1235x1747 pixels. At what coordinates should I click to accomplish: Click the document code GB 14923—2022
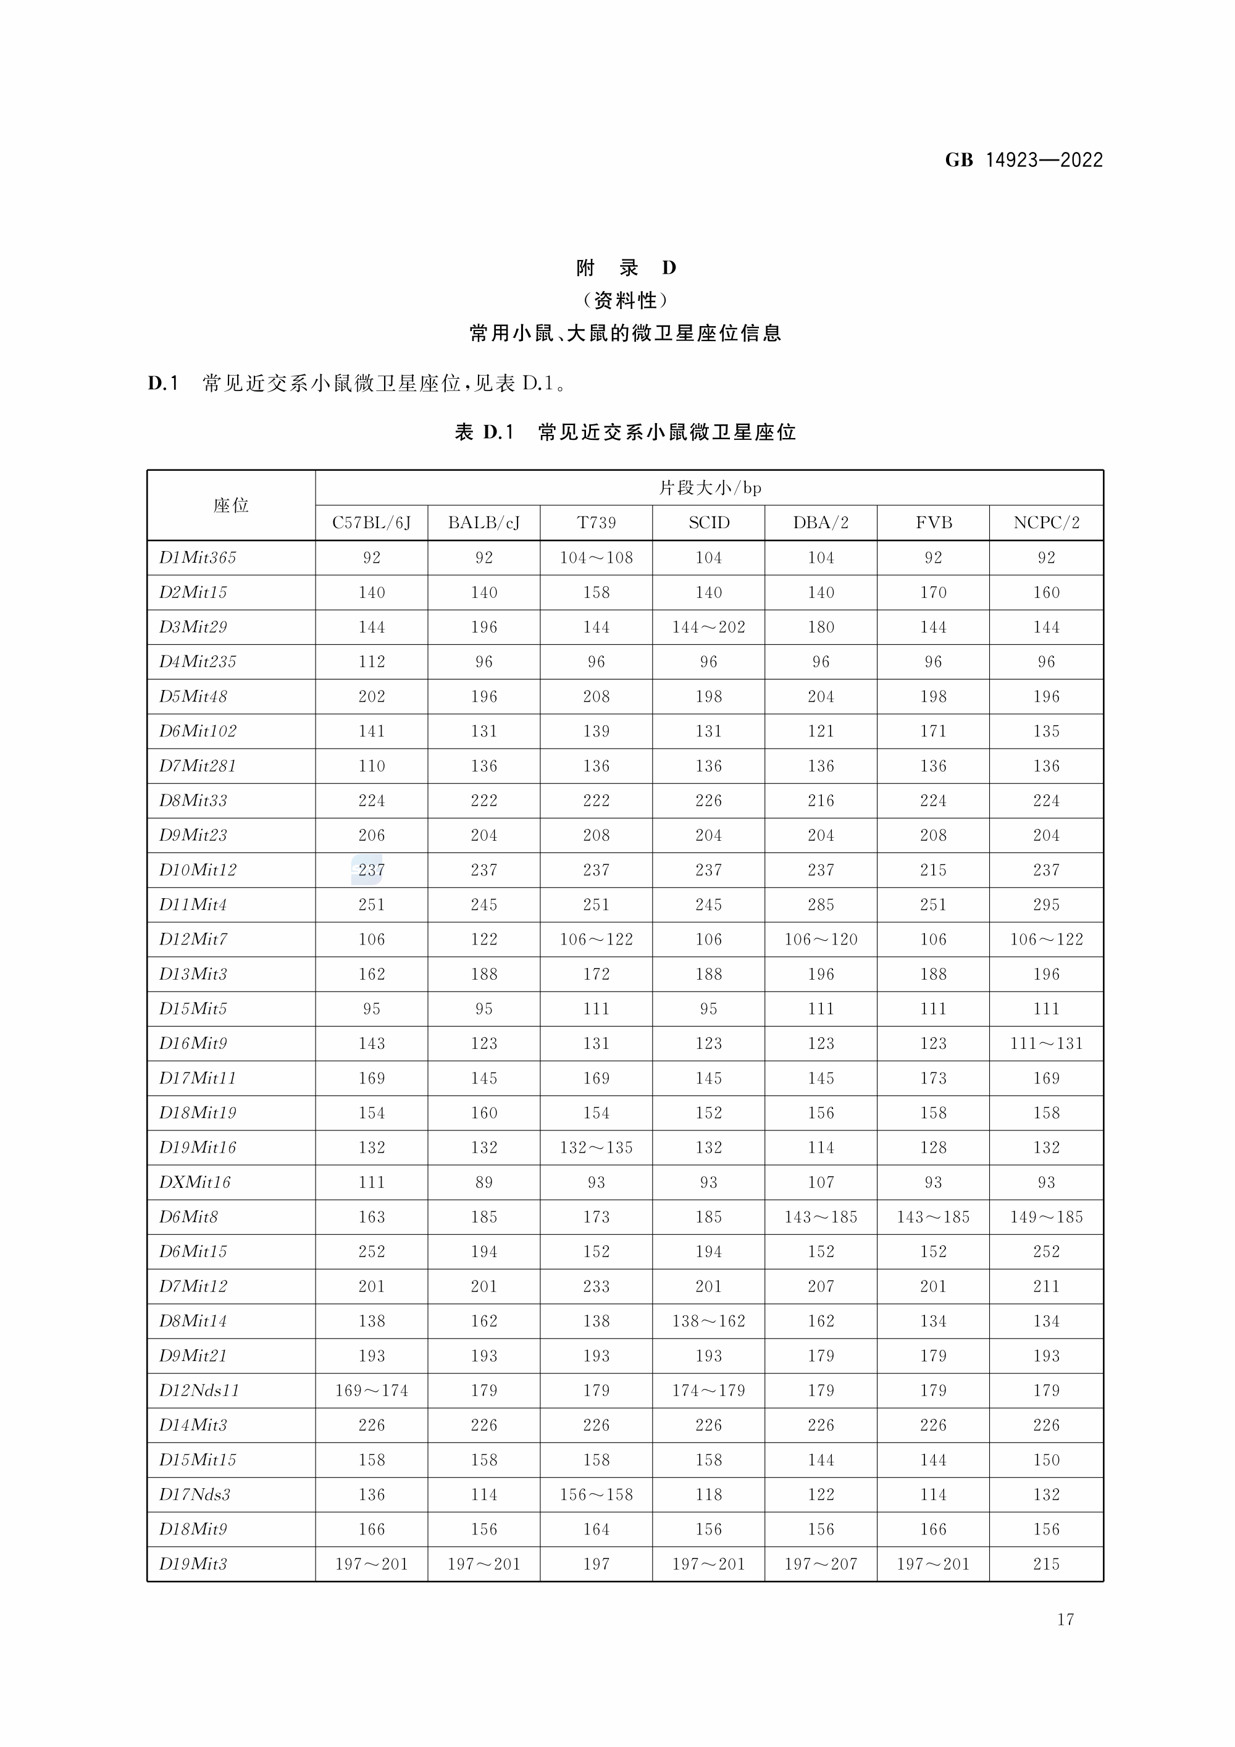[1024, 160]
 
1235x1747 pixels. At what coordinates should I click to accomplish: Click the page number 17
[1065, 1619]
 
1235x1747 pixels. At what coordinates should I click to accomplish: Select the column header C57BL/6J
[371, 523]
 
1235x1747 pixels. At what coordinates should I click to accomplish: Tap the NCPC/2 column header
[1047, 523]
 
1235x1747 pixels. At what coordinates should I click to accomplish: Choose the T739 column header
[597, 523]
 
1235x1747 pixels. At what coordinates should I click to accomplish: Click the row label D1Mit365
[198, 558]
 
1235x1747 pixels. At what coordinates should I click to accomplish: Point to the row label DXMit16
[195, 1182]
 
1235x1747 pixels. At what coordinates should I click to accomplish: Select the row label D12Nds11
[199, 1390]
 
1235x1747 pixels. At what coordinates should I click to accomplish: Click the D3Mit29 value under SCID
[708, 627]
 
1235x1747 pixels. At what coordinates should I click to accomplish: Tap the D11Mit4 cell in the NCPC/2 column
[1047, 904]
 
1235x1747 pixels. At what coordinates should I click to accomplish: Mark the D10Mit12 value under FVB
[933, 870]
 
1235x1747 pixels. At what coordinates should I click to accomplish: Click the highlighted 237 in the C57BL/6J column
[371, 870]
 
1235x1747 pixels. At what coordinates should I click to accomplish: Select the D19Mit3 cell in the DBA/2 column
[821, 1564]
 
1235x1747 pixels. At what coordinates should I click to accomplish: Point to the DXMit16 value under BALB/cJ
[484, 1182]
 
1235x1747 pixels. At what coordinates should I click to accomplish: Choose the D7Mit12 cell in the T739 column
[597, 1286]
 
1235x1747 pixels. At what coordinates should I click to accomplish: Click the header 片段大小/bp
[710, 488]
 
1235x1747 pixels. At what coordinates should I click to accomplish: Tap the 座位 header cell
[231, 505]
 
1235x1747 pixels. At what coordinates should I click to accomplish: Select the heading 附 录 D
[625, 268]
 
